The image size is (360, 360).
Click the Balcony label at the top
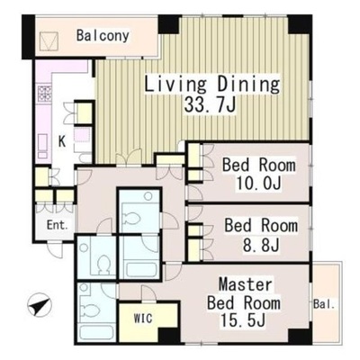[x=103, y=36]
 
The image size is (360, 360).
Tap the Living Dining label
[x=212, y=84]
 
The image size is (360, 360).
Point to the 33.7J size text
[x=210, y=104]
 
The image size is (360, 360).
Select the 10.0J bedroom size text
[x=259, y=183]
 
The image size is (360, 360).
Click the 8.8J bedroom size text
[x=260, y=244]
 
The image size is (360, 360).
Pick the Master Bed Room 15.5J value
[x=243, y=319]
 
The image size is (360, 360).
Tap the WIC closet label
[x=143, y=318]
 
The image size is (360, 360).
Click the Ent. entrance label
[x=57, y=225]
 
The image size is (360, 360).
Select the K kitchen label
[x=62, y=141]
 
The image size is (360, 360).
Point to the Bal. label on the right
[x=324, y=305]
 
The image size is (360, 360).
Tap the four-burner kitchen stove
[x=44, y=94]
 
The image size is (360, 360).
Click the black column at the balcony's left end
[x=29, y=37]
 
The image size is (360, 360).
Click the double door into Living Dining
[x=129, y=158]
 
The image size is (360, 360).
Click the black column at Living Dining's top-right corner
[x=300, y=24]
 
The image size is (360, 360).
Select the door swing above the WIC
[x=148, y=293]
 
